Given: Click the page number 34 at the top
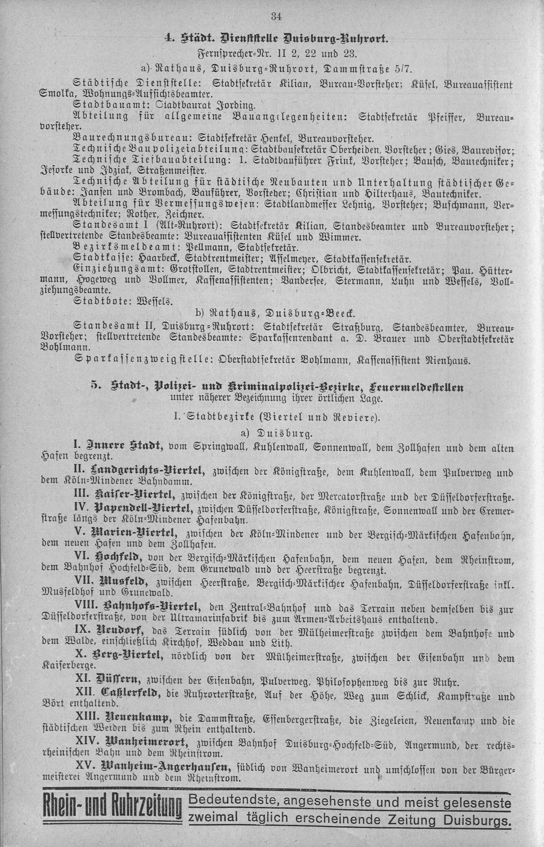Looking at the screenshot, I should tap(276, 17).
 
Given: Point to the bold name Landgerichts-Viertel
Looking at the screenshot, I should tap(159, 471).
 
